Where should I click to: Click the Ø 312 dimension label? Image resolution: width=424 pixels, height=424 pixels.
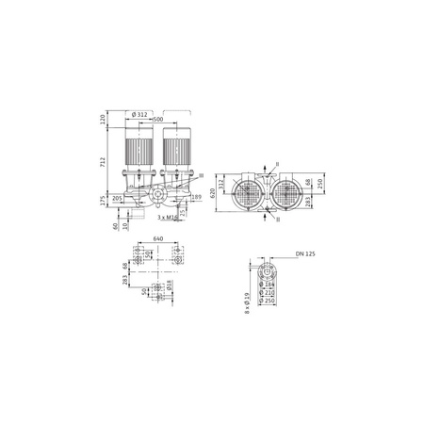click(x=140, y=115)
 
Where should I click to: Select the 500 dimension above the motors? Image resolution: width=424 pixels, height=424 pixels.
click(x=157, y=121)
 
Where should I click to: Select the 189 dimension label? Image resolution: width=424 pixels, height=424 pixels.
click(x=195, y=199)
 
